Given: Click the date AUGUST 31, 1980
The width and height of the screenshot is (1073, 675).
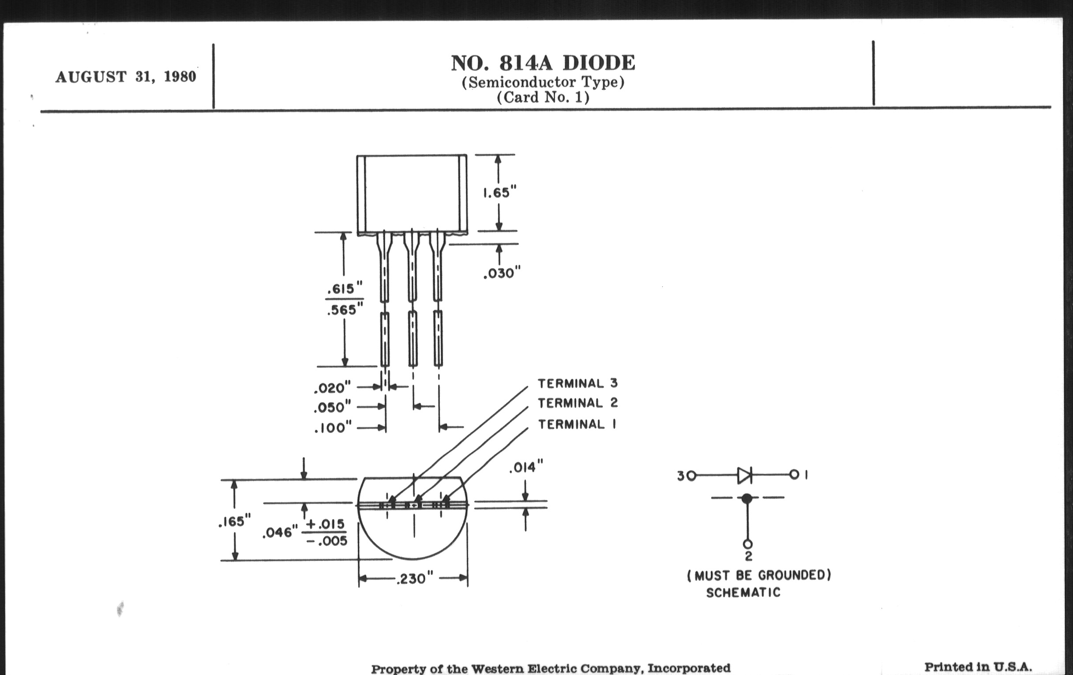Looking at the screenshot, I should tap(126, 77).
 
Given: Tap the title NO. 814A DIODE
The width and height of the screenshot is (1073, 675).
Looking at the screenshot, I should tap(543, 63).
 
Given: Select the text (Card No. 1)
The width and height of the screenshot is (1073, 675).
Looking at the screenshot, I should tap(543, 97).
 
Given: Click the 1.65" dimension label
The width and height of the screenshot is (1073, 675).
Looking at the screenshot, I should tap(499, 192).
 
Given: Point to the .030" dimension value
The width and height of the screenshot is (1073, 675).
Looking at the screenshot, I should tap(502, 273).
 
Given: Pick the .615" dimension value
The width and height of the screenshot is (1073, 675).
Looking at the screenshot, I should tap(345, 289).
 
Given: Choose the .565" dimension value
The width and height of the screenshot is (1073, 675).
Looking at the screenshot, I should tap(345, 310).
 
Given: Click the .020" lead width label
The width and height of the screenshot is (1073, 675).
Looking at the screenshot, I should tap(332, 388).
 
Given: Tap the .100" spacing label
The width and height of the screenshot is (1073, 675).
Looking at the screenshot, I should tap(332, 428).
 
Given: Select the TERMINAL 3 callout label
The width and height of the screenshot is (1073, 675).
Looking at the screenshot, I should tap(578, 383).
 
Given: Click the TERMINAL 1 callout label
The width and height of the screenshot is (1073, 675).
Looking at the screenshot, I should tap(577, 424).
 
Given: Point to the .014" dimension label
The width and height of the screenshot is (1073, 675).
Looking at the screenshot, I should tap(526, 467).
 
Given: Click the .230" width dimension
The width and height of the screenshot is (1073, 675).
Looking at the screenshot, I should tap(414, 578).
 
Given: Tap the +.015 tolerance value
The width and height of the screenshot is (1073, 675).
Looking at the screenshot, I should tap(325, 524).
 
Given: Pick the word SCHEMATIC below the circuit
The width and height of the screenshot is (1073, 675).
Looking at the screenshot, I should tap(743, 592).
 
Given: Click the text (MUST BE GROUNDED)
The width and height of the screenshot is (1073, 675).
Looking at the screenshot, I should tap(759, 575).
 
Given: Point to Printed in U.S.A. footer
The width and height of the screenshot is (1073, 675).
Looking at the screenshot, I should tap(978, 667).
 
